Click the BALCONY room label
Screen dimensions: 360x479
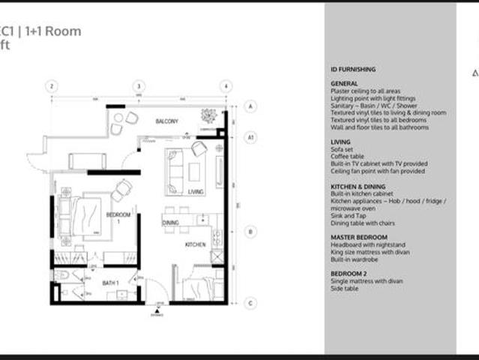click(x=166, y=121)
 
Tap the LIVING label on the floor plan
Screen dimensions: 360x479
click(x=196, y=192)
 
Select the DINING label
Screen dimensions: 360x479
click(x=170, y=223)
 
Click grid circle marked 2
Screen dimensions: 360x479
click(x=51, y=86)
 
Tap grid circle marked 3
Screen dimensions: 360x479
click(x=138, y=86)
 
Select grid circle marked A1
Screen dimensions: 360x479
click(x=251, y=137)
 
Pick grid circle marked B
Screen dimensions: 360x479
click(x=251, y=232)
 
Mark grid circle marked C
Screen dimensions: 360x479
click(x=251, y=303)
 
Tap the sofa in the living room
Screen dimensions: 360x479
click(x=175, y=172)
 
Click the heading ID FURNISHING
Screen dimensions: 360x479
click(x=353, y=69)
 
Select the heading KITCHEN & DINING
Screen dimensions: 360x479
click(x=358, y=186)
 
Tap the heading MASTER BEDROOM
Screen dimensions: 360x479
click(x=359, y=237)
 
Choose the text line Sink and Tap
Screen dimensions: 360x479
click(x=349, y=214)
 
